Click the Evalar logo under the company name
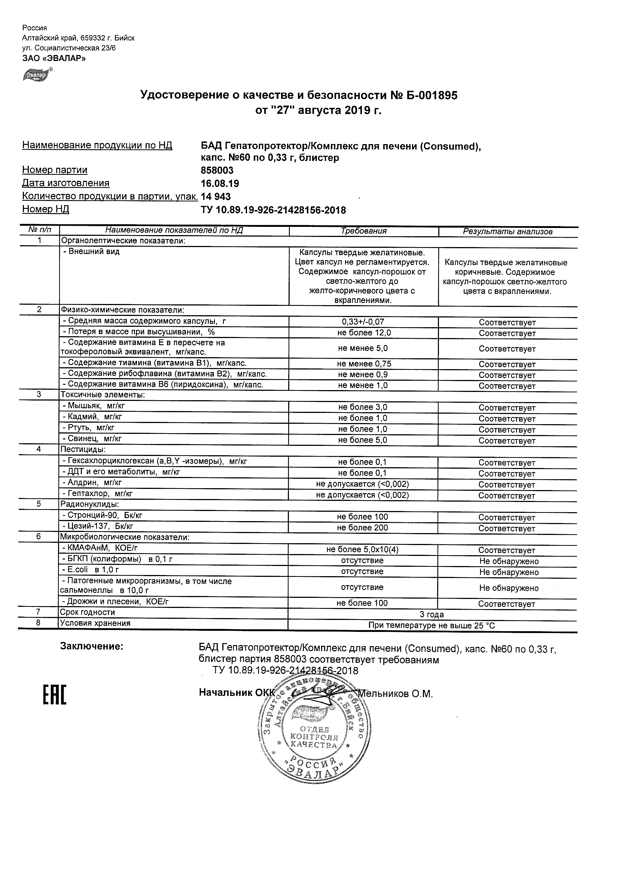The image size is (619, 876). (37, 75)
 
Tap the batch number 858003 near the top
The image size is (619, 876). (217, 170)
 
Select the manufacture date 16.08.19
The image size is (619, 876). (220, 183)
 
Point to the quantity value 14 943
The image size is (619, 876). (216, 197)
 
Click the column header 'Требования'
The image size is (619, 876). (363, 231)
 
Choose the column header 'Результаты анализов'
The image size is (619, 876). (507, 231)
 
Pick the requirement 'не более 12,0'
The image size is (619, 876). (364, 333)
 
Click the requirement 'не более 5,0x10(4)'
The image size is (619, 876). (362, 550)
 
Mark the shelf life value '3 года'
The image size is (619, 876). (432, 614)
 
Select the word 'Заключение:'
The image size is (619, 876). (92, 646)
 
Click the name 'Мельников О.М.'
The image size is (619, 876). (395, 694)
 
